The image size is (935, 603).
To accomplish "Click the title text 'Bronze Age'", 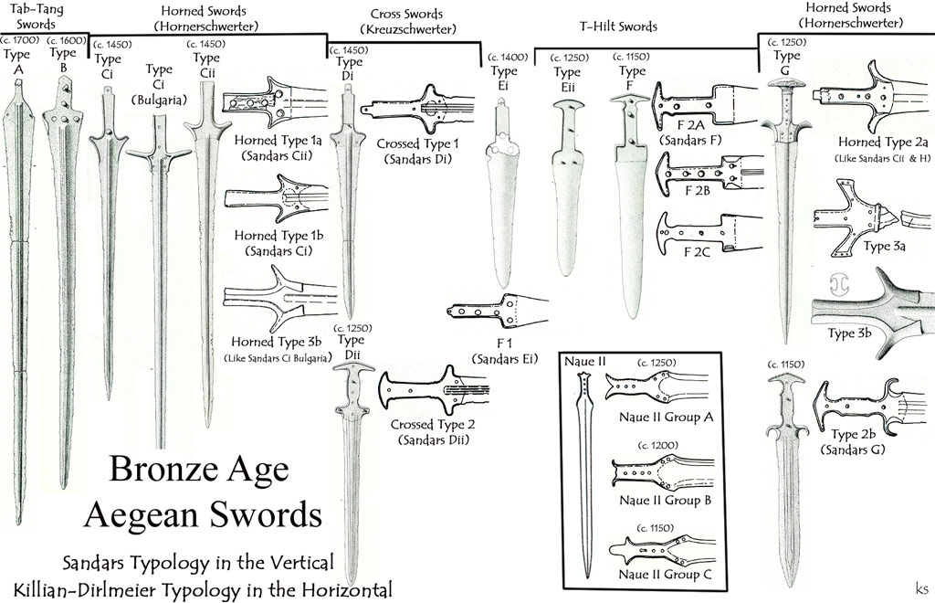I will click(198, 470).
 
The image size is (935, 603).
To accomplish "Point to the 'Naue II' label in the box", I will click(585, 360).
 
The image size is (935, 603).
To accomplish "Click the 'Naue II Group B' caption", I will click(664, 500).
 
